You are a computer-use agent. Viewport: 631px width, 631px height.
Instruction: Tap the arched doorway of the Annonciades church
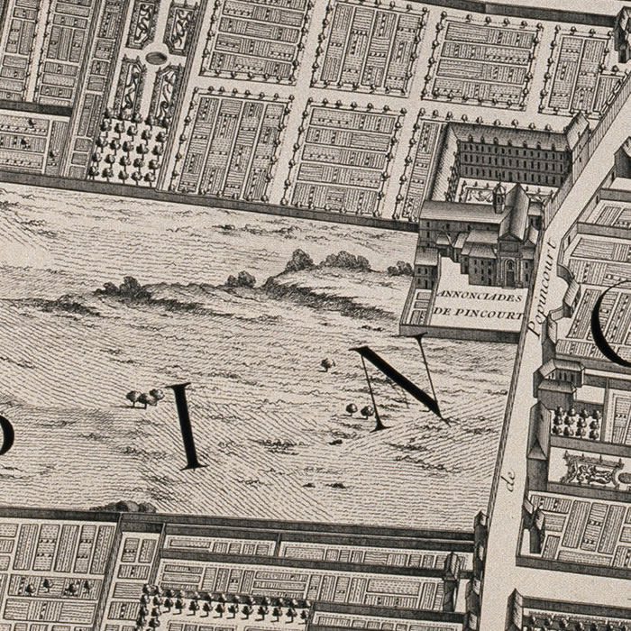click(x=510, y=270)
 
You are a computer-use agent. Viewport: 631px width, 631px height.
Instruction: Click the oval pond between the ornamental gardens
click(x=157, y=58)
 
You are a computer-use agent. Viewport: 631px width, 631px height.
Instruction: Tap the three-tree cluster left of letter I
click(x=143, y=396)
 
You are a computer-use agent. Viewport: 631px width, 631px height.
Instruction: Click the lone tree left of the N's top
click(x=327, y=364)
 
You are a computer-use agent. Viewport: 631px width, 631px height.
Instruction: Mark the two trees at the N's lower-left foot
click(x=359, y=411)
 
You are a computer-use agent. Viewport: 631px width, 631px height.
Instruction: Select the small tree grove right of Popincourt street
click(x=575, y=421)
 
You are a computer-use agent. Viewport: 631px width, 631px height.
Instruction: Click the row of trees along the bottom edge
click(x=225, y=604)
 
